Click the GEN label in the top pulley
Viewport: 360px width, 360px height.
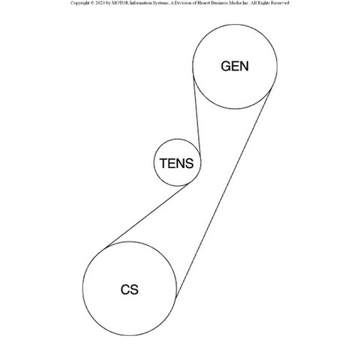[x=235, y=66]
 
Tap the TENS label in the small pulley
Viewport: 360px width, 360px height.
[x=177, y=163]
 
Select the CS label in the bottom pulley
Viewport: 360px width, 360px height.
[x=130, y=289]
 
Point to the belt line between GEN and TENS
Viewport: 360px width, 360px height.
[x=197, y=116]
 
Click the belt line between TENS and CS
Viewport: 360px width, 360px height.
[x=148, y=215]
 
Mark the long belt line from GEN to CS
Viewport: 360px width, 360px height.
[x=223, y=193]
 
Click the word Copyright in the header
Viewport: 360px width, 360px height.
[x=79, y=3]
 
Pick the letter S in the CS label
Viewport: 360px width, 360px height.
[x=134, y=289]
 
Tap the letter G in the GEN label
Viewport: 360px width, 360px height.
[x=226, y=66]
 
